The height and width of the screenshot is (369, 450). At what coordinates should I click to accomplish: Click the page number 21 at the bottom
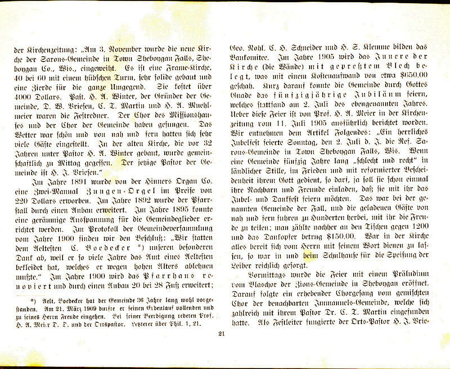[x=221, y=333]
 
